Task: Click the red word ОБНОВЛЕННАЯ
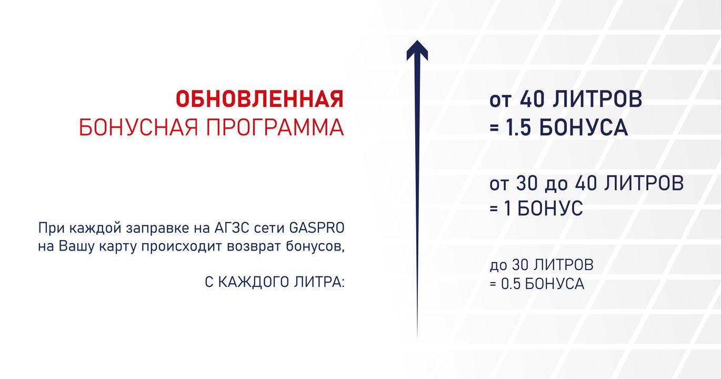click(260, 99)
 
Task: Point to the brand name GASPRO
click(317, 228)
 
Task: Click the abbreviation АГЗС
click(232, 228)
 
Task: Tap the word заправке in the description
click(158, 228)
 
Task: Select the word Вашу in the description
click(76, 246)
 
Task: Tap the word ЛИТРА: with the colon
click(319, 282)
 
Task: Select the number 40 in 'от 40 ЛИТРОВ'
click(532, 99)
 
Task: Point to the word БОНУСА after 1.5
click(584, 127)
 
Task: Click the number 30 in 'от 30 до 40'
click(527, 183)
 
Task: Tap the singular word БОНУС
click(550, 208)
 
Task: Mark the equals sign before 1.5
click(494, 128)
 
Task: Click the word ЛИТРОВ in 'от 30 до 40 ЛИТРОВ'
click(644, 183)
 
